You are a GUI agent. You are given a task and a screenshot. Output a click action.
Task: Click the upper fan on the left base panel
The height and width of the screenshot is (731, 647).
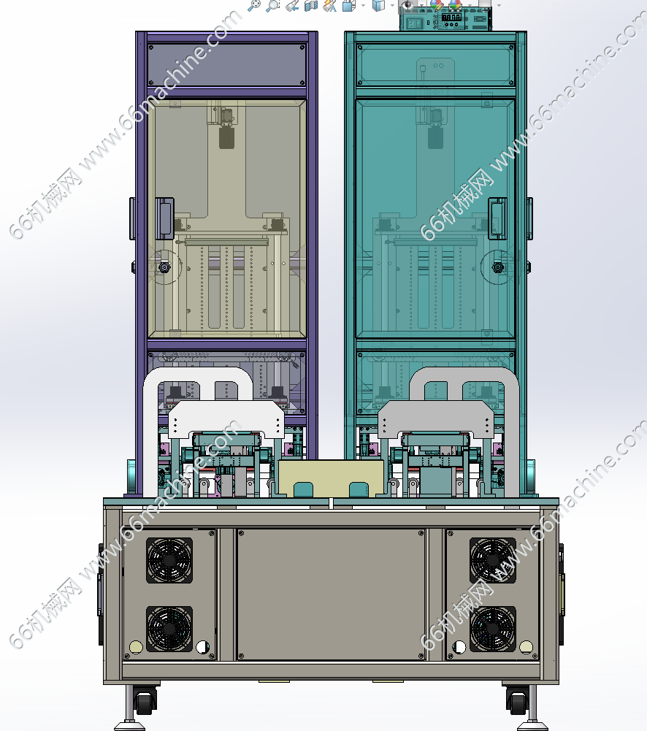169,560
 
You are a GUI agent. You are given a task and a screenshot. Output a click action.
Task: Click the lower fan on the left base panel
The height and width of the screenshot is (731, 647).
169,629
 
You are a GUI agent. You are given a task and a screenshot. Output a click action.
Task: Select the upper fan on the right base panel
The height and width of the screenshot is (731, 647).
493,560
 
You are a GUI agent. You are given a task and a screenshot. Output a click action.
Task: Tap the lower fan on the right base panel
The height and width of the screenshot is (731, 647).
493,629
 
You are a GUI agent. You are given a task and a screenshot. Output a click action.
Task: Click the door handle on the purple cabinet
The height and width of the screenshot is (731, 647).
164,218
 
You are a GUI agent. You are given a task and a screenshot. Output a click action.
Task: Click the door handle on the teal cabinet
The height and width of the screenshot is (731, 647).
497,218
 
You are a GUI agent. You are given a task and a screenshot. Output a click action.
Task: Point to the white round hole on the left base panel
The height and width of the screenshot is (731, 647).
203,647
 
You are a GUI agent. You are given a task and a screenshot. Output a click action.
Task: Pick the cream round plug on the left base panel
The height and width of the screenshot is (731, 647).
136,647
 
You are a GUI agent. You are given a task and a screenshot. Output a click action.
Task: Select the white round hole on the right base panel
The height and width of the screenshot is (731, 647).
459,647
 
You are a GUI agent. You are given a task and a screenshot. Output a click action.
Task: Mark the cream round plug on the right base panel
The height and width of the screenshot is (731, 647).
527,647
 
